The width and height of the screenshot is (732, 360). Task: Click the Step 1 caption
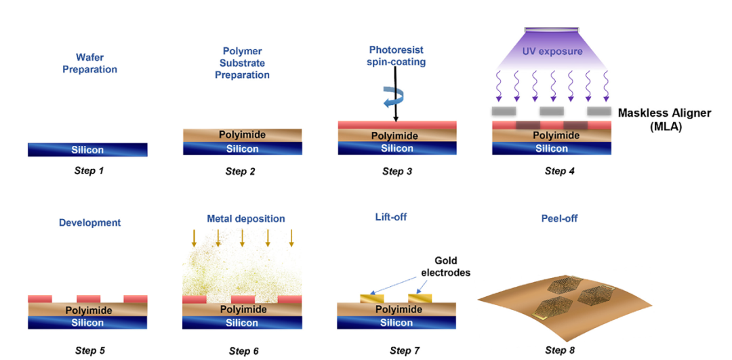[89, 171]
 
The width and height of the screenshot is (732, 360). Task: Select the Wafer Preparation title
[89, 64]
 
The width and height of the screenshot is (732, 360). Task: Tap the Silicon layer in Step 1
[87, 150]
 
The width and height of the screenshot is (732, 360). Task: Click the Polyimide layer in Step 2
[242, 135]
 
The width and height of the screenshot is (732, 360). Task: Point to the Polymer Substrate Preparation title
[242, 63]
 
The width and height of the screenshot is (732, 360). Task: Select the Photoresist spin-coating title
[397, 56]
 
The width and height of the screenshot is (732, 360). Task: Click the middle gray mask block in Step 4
[551, 111]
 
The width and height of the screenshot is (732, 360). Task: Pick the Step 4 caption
[559, 172]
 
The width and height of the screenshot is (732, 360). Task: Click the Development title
[89, 222]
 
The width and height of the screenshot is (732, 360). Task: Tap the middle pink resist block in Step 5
[88, 298]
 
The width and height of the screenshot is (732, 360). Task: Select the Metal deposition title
[245, 219]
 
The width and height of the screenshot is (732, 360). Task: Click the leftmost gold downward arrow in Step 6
[195, 238]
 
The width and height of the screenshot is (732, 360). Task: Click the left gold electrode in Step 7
[372, 298]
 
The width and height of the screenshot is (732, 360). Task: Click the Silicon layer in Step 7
[396, 323]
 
